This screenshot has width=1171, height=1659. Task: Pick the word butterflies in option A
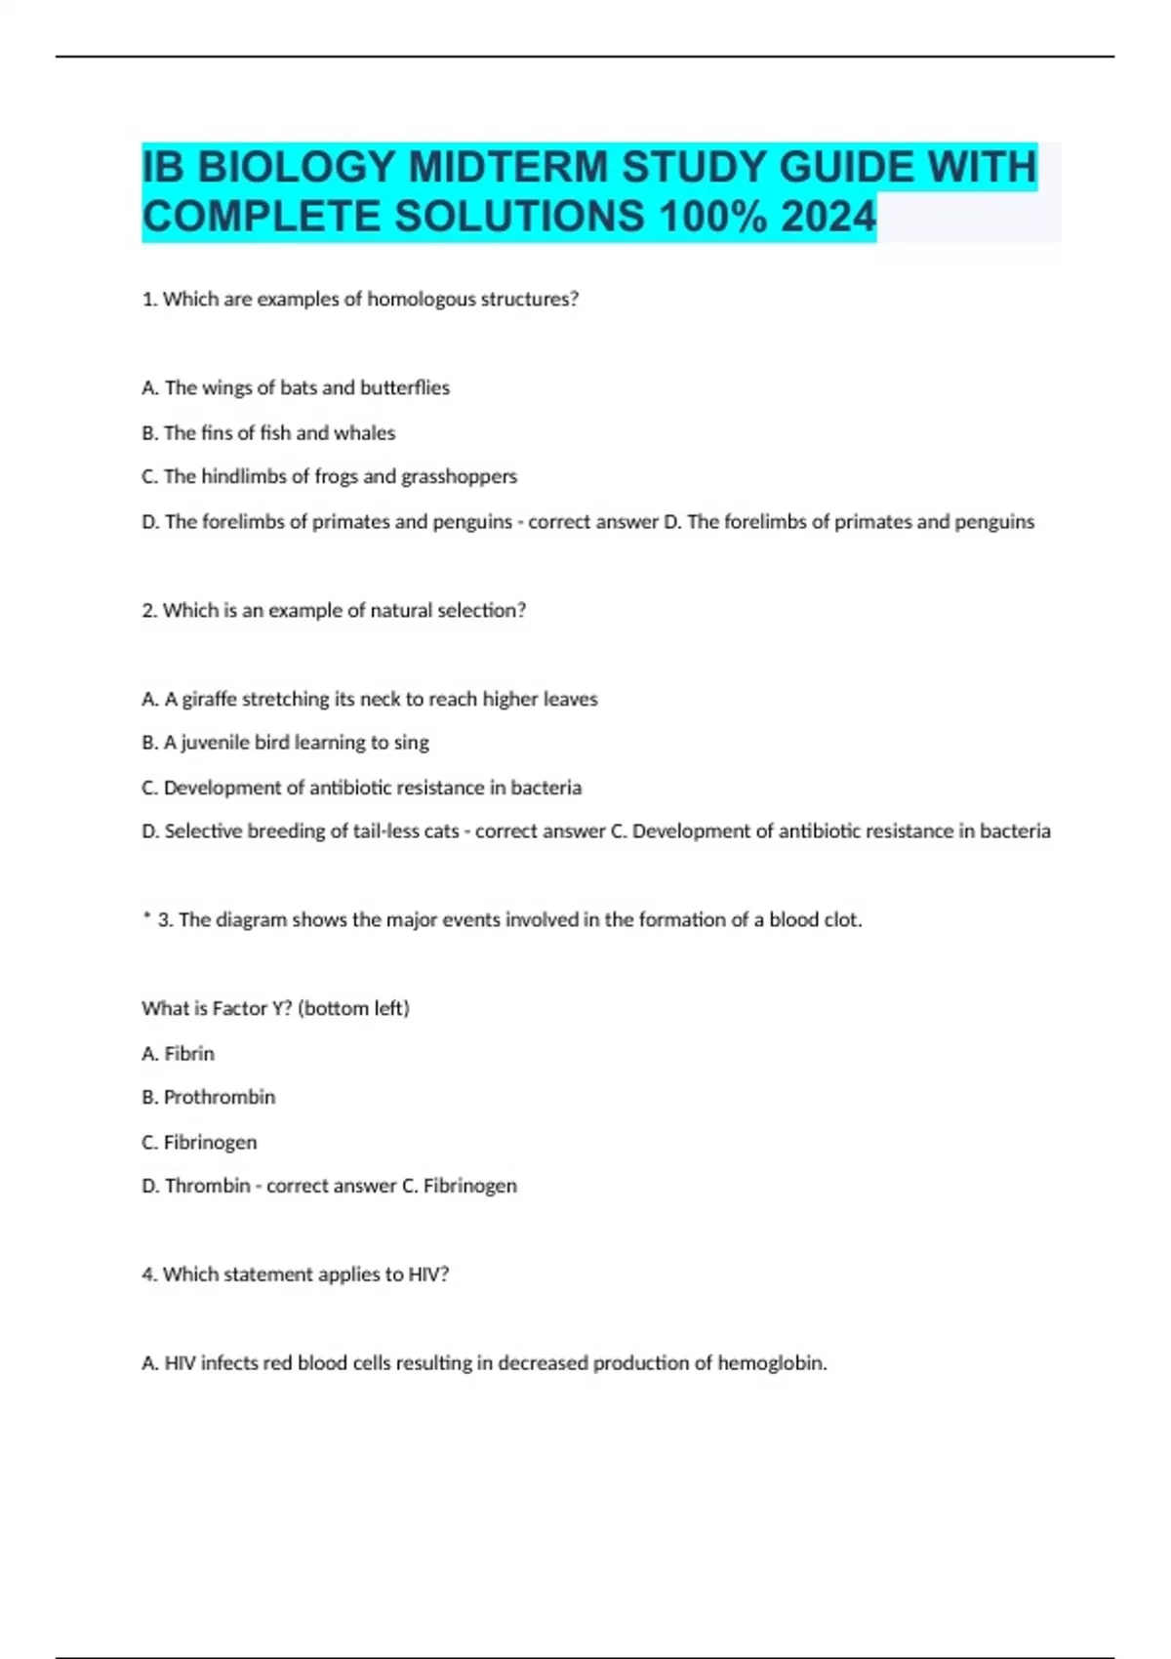coord(404,387)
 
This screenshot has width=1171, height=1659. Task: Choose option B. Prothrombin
coord(208,1097)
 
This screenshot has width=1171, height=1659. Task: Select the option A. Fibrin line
coord(178,1053)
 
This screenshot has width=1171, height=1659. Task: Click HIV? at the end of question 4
coord(429,1275)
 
